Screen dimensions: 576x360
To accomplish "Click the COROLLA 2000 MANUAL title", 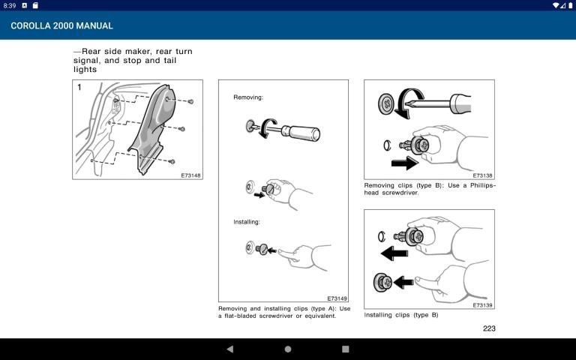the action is [x=61, y=25].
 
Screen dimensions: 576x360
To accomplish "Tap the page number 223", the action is [x=489, y=328].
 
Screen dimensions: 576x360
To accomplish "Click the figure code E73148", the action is [x=191, y=175].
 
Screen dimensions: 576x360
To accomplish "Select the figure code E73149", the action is [x=337, y=298].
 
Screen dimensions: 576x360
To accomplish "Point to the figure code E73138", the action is [x=482, y=175].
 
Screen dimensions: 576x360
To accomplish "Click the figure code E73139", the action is [x=482, y=305].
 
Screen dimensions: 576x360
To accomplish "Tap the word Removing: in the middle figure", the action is [x=248, y=97].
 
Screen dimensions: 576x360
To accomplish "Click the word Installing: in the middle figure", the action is [x=247, y=222].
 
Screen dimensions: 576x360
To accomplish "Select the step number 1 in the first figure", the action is [x=79, y=88].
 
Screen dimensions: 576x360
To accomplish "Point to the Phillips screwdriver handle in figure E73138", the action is [x=460, y=103].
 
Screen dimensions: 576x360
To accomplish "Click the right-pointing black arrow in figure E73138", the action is [x=404, y=163].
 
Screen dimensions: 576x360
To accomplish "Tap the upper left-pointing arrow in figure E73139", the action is [x=394, y=253].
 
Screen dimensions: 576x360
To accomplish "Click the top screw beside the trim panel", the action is [x=190, y=101].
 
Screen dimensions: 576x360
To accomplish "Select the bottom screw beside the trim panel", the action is [x=172, y=161].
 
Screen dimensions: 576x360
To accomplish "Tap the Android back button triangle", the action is [x=230, y=349].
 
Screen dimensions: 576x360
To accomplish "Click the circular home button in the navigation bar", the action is [x=288, y=349].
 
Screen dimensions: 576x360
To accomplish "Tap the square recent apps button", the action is [x=345, y=349].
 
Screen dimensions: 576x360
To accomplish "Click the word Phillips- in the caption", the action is [x=483, y=185].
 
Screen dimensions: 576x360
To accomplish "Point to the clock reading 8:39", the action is [x=10, y=5].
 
